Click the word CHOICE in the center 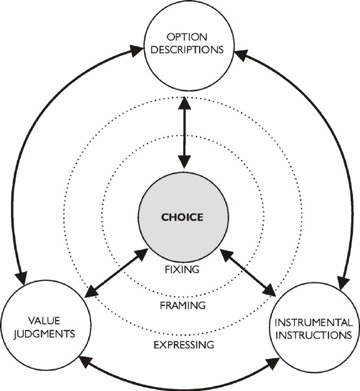click(x=182, y=217)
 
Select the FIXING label click(x=182, y=269)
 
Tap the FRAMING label click(x=182, y=305)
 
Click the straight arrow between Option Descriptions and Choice click(x=184, y=131)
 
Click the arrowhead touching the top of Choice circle click(x=184, y=161)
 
